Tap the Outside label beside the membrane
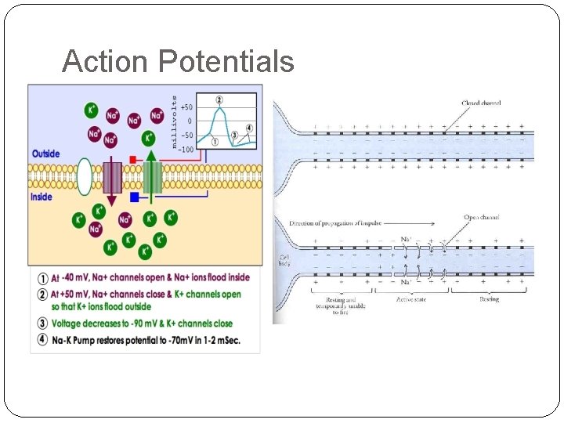click(x=45, y=154)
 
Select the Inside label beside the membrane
click(x=42, y=197)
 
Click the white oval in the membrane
click(x=84, y=176)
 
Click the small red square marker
click(x=134, y=160)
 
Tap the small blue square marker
click(x=134, y=197)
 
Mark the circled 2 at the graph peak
click(x=219, y=99)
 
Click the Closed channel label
click(x=481, y=103)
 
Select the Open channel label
click(x=482, y=217)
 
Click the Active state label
click(x=412, y=298)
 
